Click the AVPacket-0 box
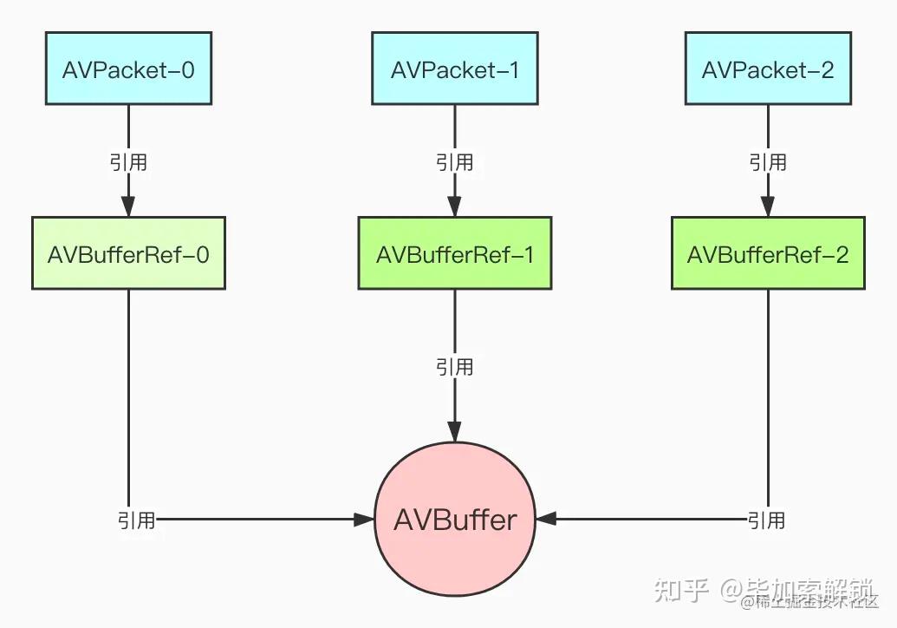(128, 69)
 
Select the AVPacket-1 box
(455, 69)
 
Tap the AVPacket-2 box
(768, 69)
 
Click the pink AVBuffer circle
(455, 520)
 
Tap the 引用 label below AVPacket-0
(128, 162)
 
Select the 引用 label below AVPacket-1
(455, 162)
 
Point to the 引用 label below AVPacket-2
(768, 162)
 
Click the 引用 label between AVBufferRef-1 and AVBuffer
(455, 367)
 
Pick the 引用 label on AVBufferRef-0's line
(137, 520)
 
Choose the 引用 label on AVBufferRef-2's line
(767, 520)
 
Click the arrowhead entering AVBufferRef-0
(128, 206)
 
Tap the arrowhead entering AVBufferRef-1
(455, 206)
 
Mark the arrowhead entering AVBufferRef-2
(768, 206)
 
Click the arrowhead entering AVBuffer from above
(455, 431)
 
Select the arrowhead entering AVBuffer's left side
(364, 520)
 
